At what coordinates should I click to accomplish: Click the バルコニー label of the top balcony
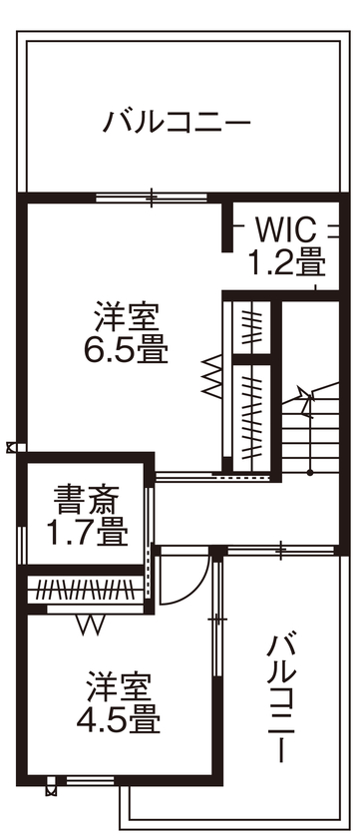pyautogui.click(x=178, y=123)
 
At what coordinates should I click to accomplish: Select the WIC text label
pyautogui.click(x=285, y=230)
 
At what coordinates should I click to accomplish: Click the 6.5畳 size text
pyautogui.click(x=127, y=351)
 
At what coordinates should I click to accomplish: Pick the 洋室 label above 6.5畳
pyautogui.click(x=127, y=319)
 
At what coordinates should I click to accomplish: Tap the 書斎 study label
pyautogui.click(x=88, y=497)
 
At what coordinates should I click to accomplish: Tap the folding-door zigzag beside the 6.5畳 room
pyautogui.click(x=211, y=374)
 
